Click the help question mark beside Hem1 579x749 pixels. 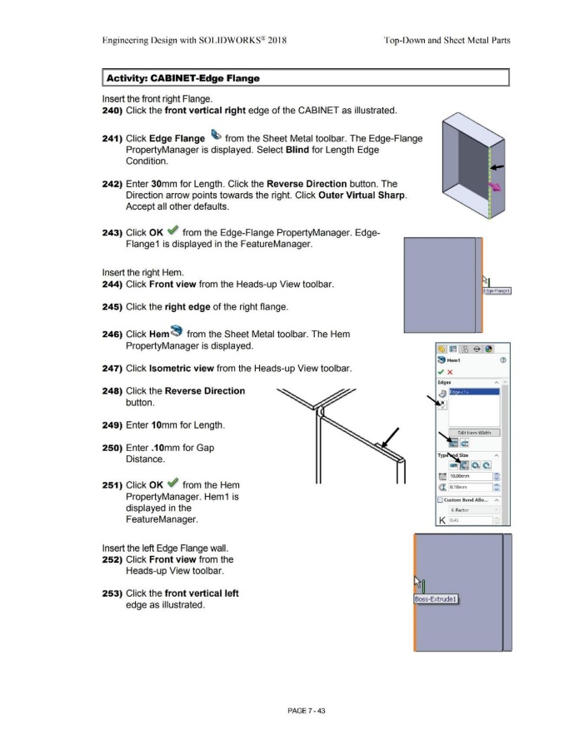point(502,358)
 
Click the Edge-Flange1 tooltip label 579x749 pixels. point(496,290)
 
